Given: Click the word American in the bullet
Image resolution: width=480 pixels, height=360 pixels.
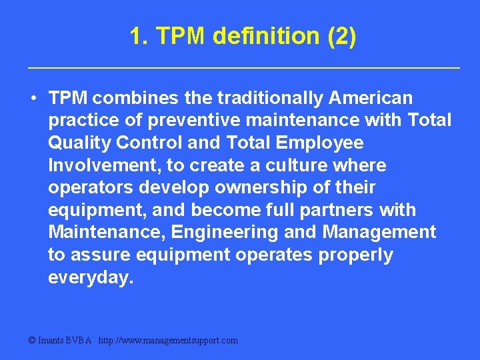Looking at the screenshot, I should [x=371, y=98].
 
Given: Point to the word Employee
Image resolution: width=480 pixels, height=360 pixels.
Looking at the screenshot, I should [x=319, y=143].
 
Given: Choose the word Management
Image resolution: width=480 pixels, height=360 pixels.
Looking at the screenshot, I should [x=379, y=233].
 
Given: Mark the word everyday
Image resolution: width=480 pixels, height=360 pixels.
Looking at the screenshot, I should [x=91, y=278].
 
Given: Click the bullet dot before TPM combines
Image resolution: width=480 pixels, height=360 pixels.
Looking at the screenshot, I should [x=33, y=98].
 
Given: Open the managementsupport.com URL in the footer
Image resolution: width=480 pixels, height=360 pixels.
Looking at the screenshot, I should [x=168, y=340].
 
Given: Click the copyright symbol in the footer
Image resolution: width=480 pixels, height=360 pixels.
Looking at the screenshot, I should [x=32, y=340].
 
